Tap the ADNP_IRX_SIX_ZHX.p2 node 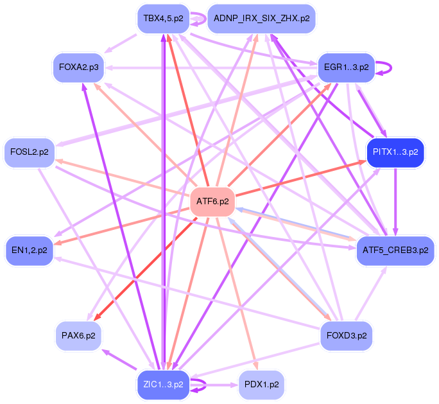point(261,19)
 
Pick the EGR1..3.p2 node point(346,67)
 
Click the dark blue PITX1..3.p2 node point(395,152)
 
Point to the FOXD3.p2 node point(347,335)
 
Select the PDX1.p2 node point(261,385)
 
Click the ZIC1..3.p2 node point(163,385)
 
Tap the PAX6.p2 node point(78,335)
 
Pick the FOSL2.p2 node point(29,152)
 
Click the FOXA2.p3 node point(78,67)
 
